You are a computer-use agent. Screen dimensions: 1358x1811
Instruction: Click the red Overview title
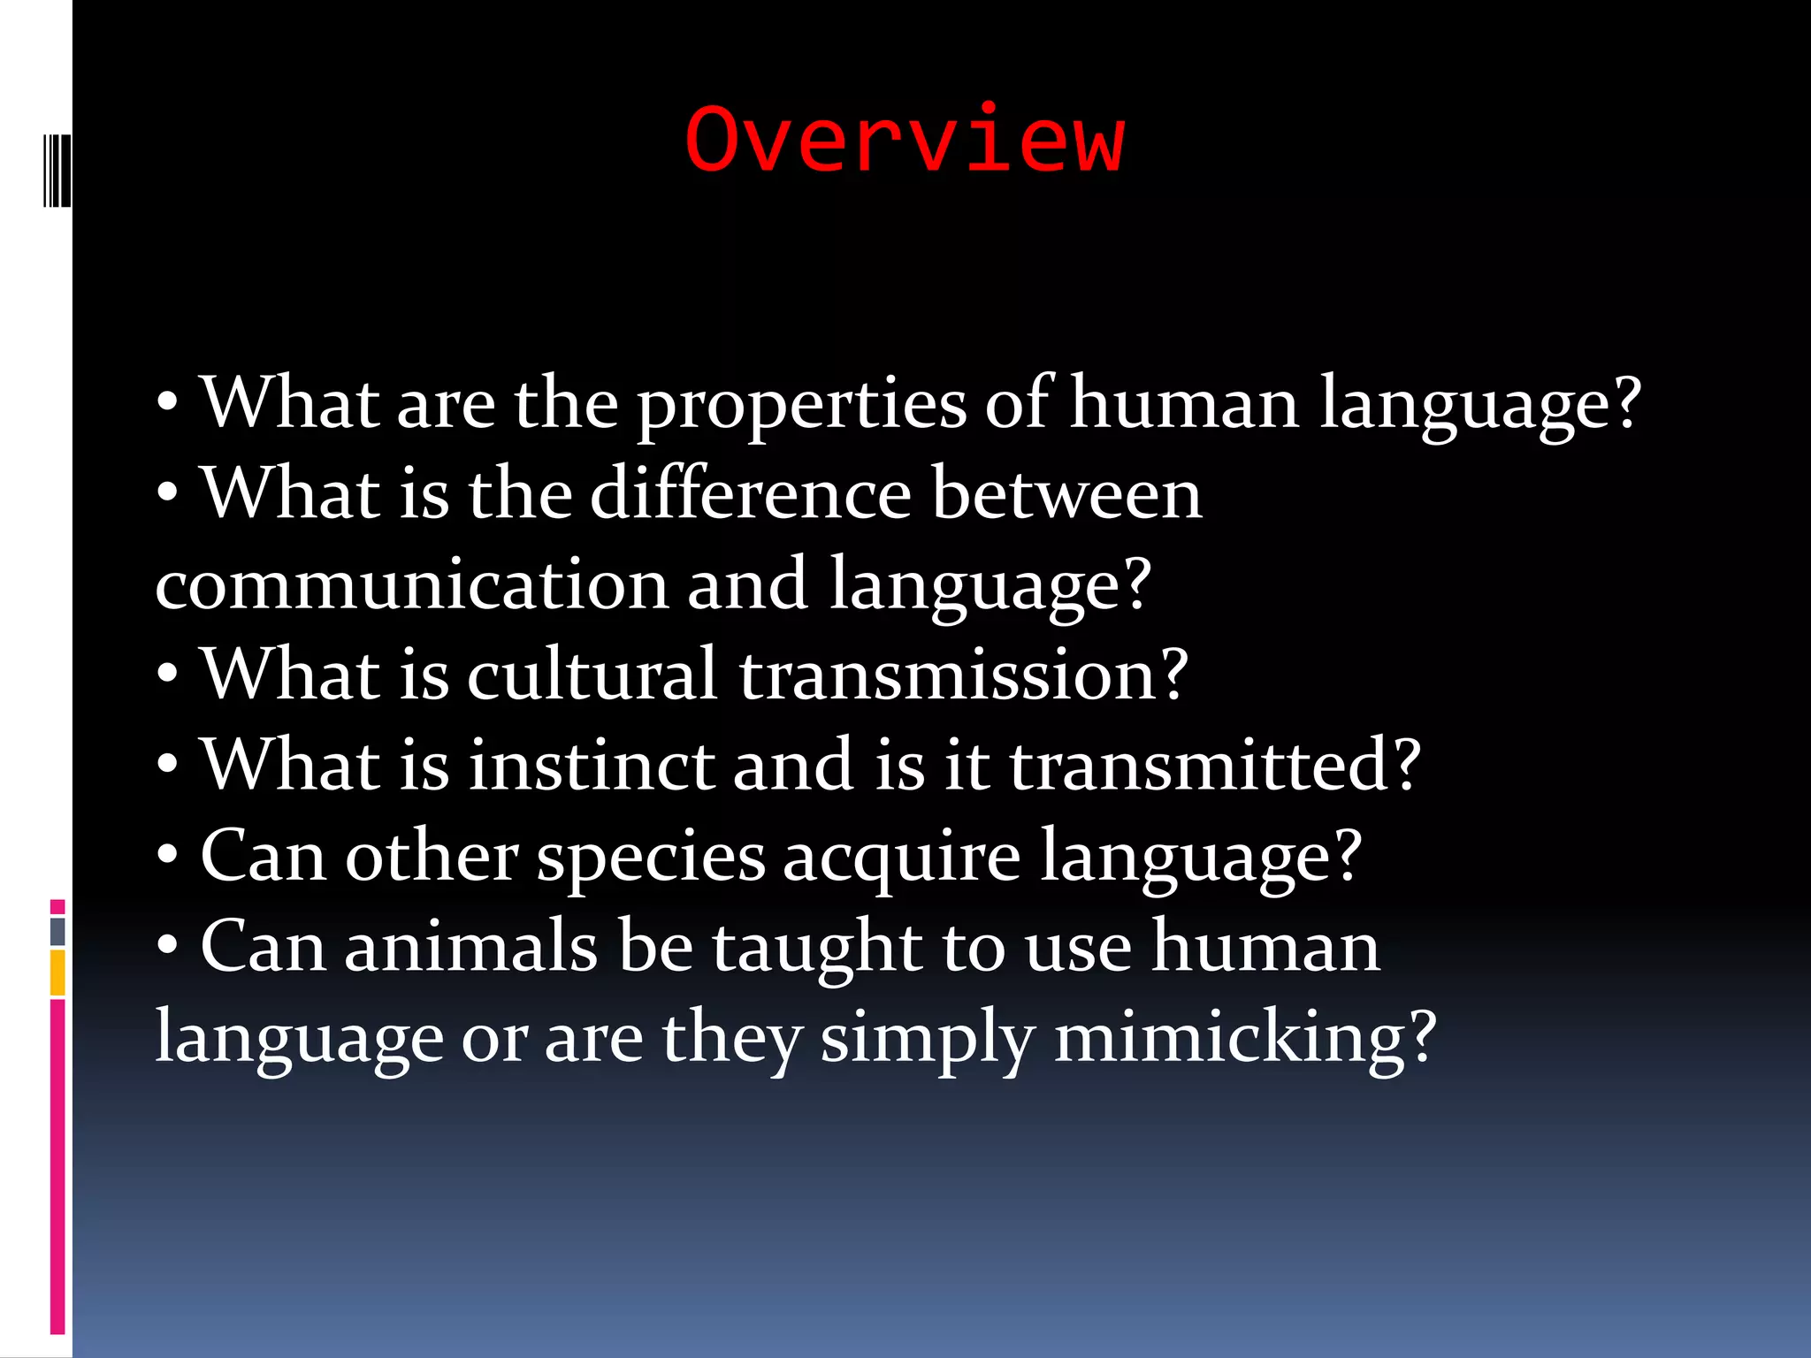[905, 140]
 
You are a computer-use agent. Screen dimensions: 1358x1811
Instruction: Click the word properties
[802, 405]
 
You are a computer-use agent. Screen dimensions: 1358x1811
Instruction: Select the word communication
[411, 585]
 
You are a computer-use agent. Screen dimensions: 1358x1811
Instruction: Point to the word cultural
[591, 675]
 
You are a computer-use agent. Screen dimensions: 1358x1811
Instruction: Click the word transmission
[962, 675]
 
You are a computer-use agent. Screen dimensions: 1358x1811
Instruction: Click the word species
[651, 858]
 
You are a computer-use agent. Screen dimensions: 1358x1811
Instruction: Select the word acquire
[901, 858]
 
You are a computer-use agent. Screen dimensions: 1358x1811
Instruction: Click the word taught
[817, 948]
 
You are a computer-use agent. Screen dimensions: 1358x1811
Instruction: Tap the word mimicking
[1244, 1038]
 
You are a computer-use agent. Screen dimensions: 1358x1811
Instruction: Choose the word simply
[927, 1038]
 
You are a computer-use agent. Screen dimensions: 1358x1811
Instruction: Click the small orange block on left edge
[57, 973]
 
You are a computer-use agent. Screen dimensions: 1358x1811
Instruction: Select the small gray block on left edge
[57, 931]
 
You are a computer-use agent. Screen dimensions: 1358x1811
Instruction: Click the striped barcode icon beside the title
[57, 170]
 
